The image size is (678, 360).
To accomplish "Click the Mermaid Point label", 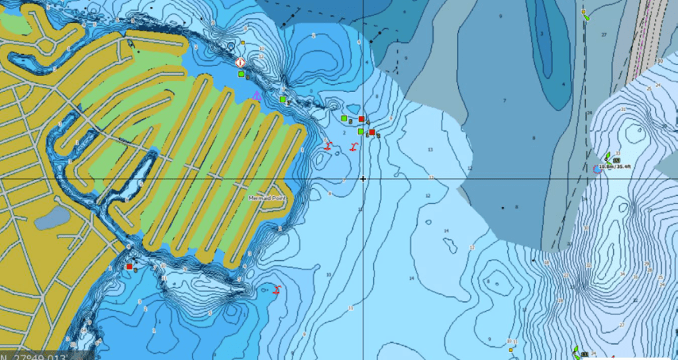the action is pyautogui.click(x=266, y=199).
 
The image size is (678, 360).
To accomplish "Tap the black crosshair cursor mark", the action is pyautogui.click(x=363, y=179).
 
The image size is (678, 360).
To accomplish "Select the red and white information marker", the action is pyautogui.click(x=240, y=63).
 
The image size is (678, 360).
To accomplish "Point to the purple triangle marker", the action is pyautogui.click(x=256, y=95).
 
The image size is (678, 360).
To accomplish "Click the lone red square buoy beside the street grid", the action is pyautogui.click(x=129, y=267).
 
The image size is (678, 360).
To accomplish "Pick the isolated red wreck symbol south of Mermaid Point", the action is pyautogui.click(x=277, y=289).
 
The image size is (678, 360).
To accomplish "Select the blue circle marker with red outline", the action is pyautogui.click(x=597, y=169).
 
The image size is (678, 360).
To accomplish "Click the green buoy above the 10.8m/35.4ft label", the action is pyautogui.click(x=608, y=157).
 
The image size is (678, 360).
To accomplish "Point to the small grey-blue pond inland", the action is pyautogui.click(x=52, y=218).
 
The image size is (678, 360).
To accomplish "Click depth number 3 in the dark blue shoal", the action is pyautogui.click(x=542, y=33).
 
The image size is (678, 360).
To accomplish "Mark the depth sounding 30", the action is pyautogui.click(x=660, y=61).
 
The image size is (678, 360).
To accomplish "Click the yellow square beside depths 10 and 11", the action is pyautogui.click(x=510, y=349).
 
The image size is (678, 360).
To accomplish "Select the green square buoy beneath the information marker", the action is pyautogui.click(x=241, y=75).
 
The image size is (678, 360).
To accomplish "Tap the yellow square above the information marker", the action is pyautogui.click(x=243, y=43).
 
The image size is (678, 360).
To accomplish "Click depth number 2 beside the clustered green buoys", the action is pyautogui.click(x=344, y=132).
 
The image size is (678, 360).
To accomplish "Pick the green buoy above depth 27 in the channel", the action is pyautogui.click(x=587, y=18).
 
